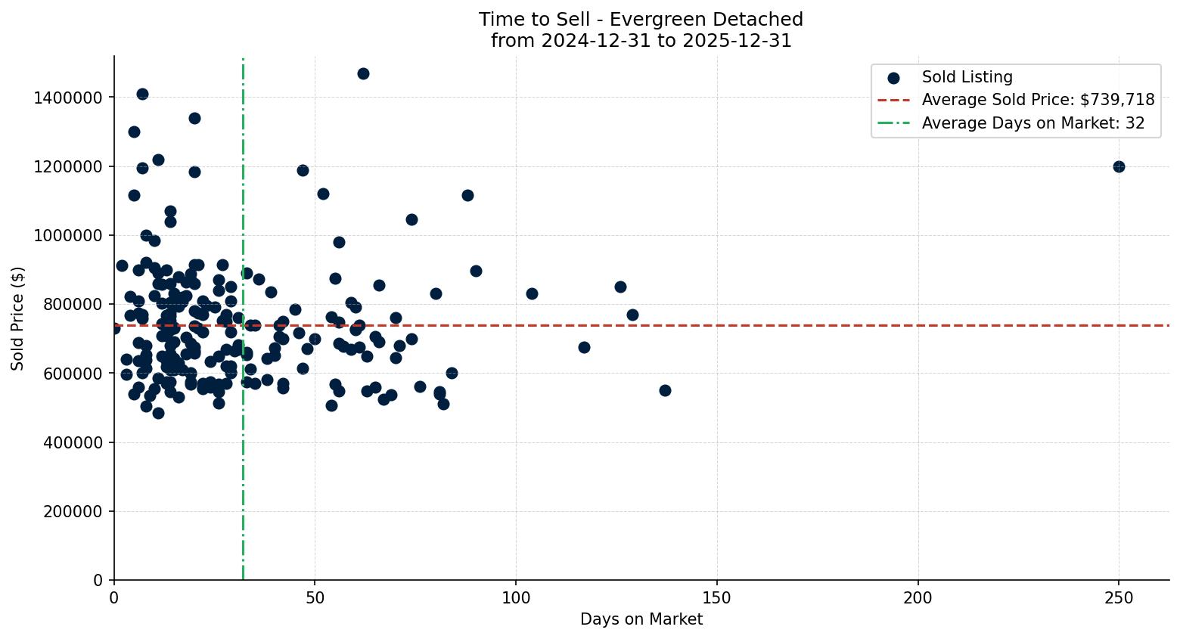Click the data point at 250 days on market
click(x=1119, y=166)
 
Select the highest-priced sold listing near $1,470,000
click(x=363, y=73)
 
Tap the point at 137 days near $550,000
click(x=665, y=390)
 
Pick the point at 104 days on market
click(x=532, y=293)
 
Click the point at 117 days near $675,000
click(x=584, y=347)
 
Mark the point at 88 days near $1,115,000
click(x=467, y=195)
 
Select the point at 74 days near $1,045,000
click(x=411, y=219)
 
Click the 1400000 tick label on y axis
click(x=68, y=98)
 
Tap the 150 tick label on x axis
click(x=717, y=598)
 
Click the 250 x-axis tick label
click(x=1119, y=598)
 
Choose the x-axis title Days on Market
click(x=641, y=619)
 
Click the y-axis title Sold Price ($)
click(x=17, y=318)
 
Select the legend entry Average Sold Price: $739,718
click(x=1038, y=100)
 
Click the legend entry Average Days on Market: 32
click(x=1032, y=123)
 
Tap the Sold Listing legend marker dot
click(x=893, y=77)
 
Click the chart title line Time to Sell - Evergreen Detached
click(x=641, y=20)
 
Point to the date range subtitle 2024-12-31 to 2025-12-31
click(x=641, y=41)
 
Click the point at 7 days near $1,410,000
click(x=142, y=94)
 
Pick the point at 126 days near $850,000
click(x=620, y=287)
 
